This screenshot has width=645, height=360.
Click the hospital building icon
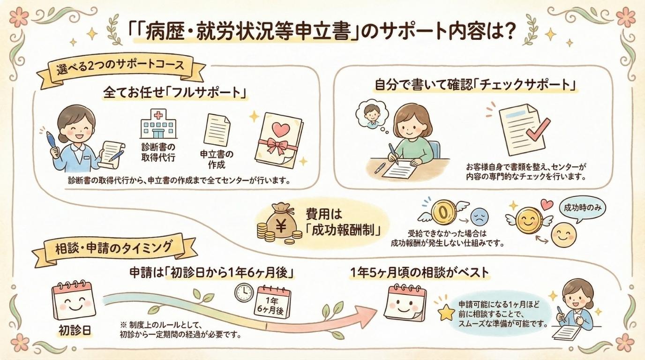(158, 124)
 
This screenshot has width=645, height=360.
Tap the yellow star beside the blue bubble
(447, 312)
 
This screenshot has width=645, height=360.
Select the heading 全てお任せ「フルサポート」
(174, 93)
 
